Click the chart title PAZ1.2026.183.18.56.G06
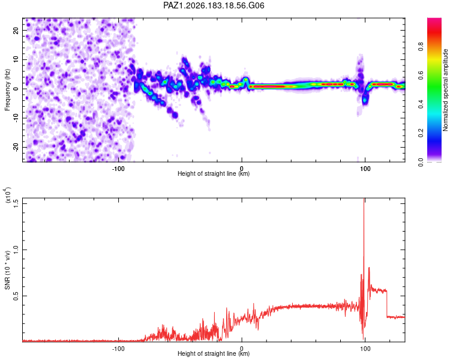click(214, 5)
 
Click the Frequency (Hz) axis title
click(7, 90)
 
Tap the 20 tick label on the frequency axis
click(16, 31)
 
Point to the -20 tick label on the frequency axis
click(16, 146)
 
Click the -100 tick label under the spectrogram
click(118, 169)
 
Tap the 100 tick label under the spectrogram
click(365, 169)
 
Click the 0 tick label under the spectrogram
click(242, 169)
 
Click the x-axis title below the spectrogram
click(214, 173)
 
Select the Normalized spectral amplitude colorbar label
click(445, 90)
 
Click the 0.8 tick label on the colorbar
click(421, 46)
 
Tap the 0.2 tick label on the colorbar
click(421, 133)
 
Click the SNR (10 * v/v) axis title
click(7, 270)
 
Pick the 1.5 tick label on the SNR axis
click(16, 203)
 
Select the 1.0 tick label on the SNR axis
click(16, 250)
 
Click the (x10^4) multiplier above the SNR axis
click(8, 194)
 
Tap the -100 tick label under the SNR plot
click(118, 349)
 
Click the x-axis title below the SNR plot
click(214, 353)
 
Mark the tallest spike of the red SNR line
click(364, 199)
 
